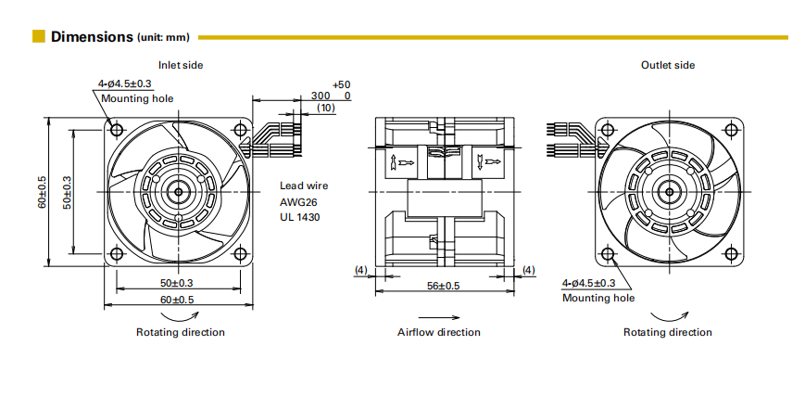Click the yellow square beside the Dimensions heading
coord(39,37)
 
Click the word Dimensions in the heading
coord(93,37)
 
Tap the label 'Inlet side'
coord(181,65)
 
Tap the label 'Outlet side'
coord(668,65)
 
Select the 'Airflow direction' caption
coord(439,332)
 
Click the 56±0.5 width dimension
coord(443,286)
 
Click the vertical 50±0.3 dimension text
coord(67,191)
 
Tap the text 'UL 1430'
coord(300,216)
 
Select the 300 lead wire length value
coord(321,96)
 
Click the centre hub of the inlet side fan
coord(177,191)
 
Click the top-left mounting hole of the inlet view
coord(116,129)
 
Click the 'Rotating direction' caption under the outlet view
coord(668,332)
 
